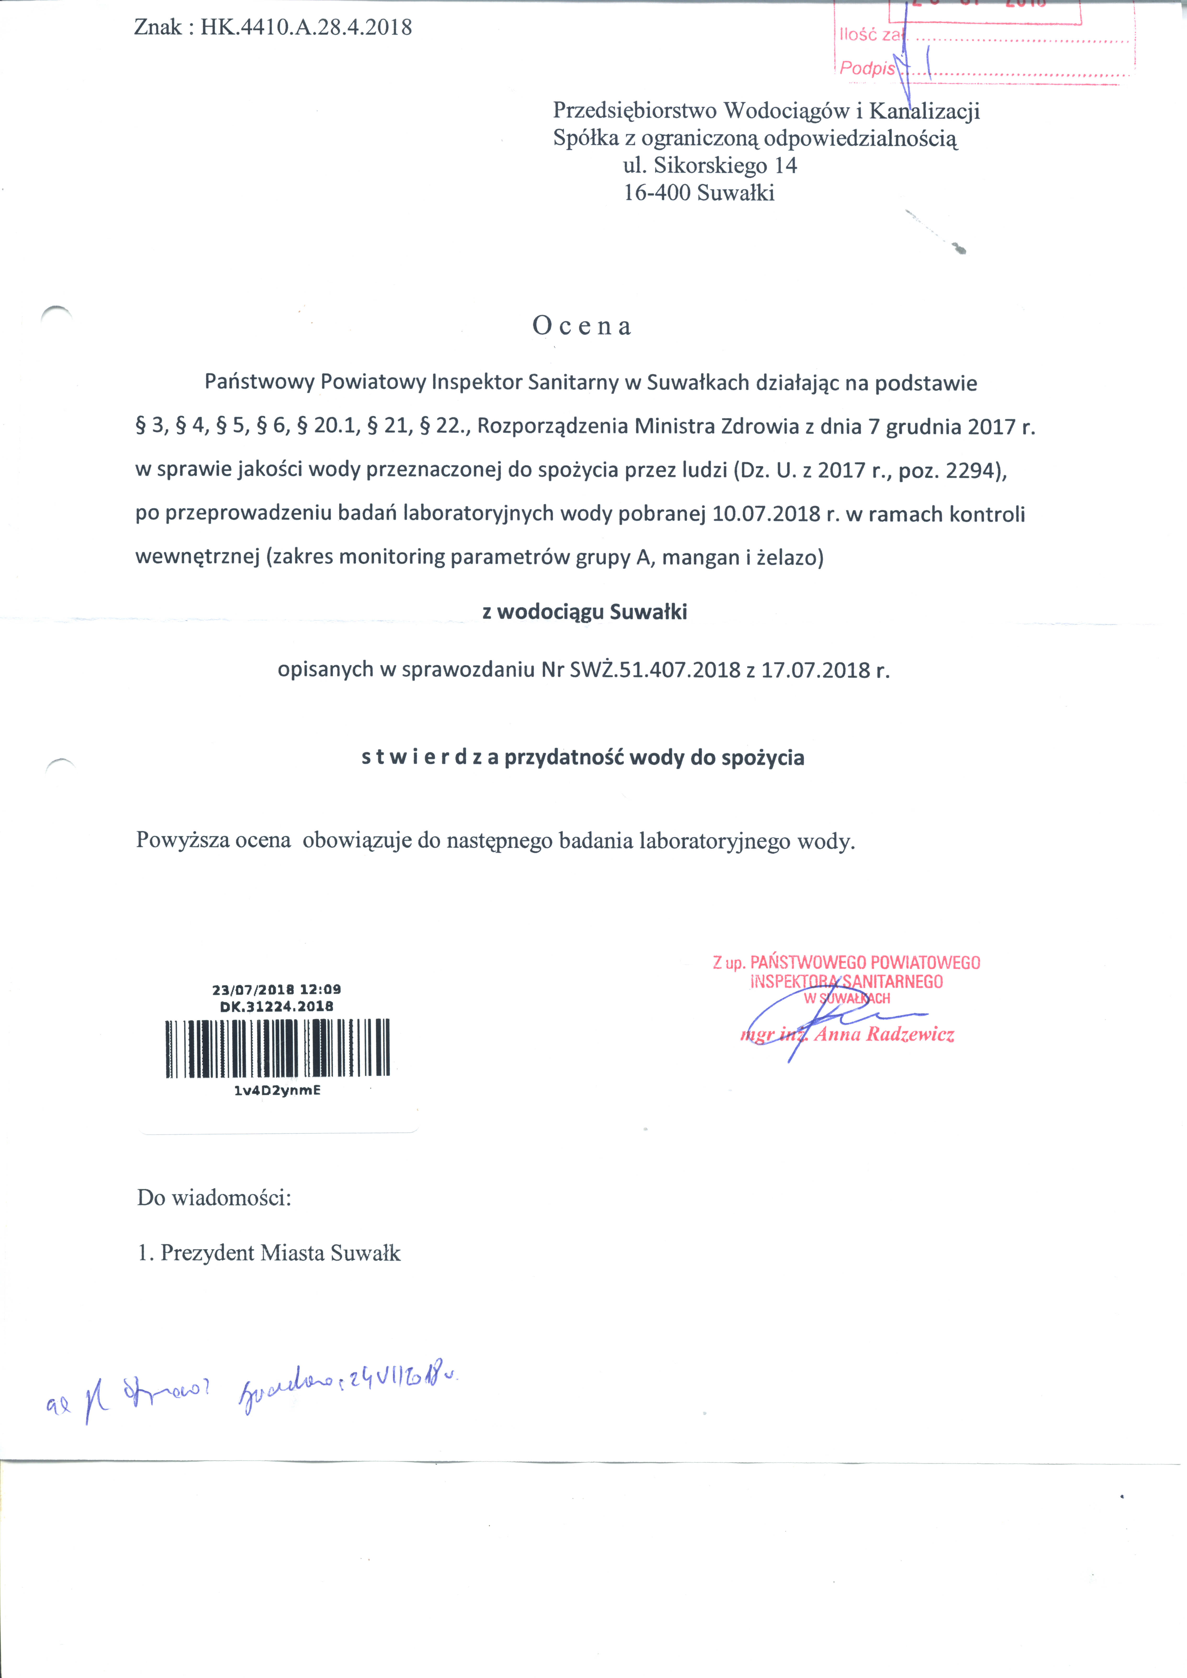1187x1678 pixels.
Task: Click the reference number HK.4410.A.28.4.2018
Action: (306, 28)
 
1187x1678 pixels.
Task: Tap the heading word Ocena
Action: (582, 326)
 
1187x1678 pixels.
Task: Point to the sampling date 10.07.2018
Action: (766, 514)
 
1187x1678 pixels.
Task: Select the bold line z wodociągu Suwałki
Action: (585, 612)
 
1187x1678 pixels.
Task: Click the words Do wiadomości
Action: (214, 1198)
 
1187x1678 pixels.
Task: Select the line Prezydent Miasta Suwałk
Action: (280, 1253)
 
